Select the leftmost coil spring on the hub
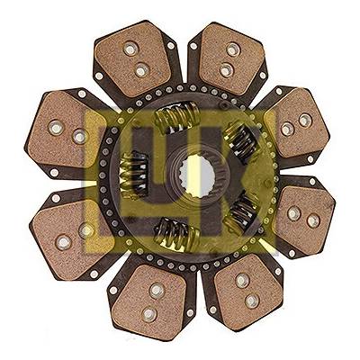point(134,175)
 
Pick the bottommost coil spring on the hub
point(177,234)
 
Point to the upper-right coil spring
point(241,141)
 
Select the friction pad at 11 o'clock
point(134,59)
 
